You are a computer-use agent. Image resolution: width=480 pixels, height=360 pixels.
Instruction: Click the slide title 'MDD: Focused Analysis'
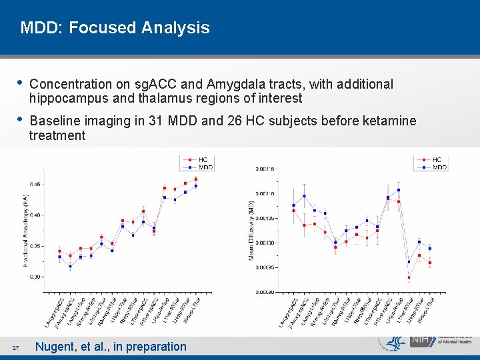point(115,28)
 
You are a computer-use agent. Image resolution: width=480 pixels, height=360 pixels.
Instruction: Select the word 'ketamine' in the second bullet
point(391,121)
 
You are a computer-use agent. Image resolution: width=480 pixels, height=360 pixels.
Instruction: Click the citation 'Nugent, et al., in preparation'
point(111,346)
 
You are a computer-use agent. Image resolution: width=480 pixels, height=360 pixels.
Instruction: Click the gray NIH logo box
point(421,341)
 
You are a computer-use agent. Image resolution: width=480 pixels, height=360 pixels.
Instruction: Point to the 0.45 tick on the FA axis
point(36,184)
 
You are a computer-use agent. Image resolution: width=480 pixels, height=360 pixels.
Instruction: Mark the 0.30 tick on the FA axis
point(36,277)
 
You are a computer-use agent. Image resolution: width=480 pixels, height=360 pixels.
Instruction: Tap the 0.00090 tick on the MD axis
point(265,292)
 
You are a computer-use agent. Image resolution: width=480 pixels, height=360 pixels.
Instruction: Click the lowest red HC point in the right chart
point(409,277)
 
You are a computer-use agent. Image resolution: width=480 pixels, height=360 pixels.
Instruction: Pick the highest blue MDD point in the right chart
point(399,190)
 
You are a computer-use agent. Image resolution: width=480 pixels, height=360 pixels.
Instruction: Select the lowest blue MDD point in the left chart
point(70,267)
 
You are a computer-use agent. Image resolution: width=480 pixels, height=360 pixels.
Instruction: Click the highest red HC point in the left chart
point(196,179)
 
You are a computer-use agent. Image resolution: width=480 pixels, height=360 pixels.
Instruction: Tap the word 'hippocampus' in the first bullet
point(63,99)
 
